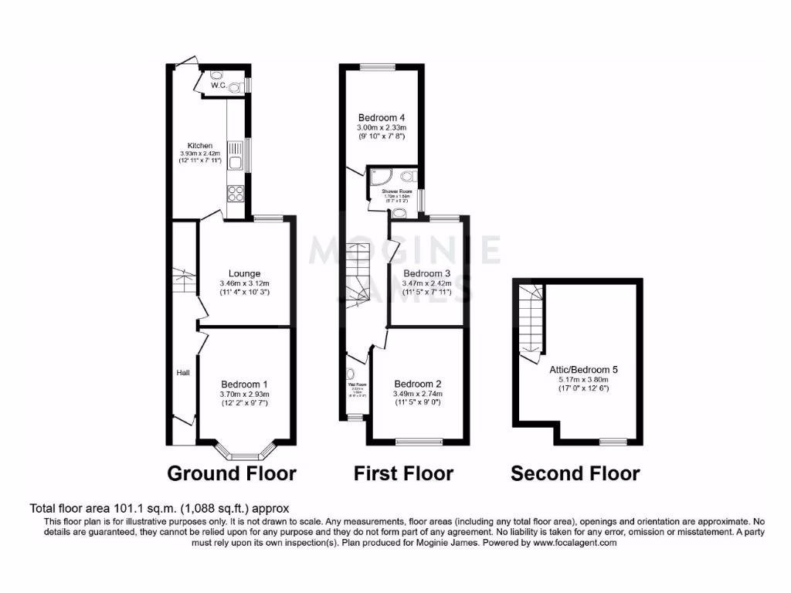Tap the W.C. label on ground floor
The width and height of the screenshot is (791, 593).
[219, 85]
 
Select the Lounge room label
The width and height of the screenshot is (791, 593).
[244, 273]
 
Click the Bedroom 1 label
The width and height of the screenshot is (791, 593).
[244, 385]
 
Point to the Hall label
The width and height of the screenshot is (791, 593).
[183, 373]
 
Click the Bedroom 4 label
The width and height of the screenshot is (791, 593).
[381, 117]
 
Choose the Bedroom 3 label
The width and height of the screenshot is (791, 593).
[426, 273]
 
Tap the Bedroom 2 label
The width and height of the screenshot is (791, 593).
[417, 385]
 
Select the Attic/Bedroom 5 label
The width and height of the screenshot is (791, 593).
[578, 369]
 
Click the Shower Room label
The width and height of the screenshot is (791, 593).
[396, 191]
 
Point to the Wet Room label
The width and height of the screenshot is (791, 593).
[356, 384]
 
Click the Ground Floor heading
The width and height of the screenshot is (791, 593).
[232, 473]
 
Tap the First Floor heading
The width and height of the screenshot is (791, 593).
[403, 473]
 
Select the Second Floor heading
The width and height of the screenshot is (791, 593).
[575, 473]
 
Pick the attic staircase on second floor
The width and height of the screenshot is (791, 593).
[530, 318]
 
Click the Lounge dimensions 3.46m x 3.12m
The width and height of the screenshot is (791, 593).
[244, 283]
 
